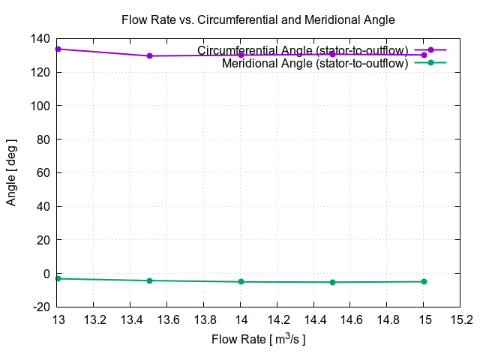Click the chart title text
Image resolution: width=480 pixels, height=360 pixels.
258,20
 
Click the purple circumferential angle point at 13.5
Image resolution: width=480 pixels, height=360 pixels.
149,56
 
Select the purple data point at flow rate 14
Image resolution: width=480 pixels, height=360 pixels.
241,55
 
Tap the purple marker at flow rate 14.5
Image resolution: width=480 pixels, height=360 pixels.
332,54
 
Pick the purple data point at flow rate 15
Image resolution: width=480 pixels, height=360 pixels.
424,55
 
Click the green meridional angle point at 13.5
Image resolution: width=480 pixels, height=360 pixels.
149,280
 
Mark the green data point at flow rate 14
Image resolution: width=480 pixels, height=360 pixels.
241,282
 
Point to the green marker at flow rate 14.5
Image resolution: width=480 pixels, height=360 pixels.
332,282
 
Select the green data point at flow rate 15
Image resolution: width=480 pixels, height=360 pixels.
424,281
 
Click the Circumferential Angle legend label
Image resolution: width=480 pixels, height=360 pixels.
302,50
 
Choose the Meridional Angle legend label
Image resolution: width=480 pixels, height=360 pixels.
315,64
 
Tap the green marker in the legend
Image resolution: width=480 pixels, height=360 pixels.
430,63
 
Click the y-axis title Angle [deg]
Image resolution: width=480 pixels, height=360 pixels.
12,172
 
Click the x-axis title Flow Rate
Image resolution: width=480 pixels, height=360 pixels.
258,340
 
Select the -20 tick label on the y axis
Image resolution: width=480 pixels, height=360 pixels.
40,307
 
